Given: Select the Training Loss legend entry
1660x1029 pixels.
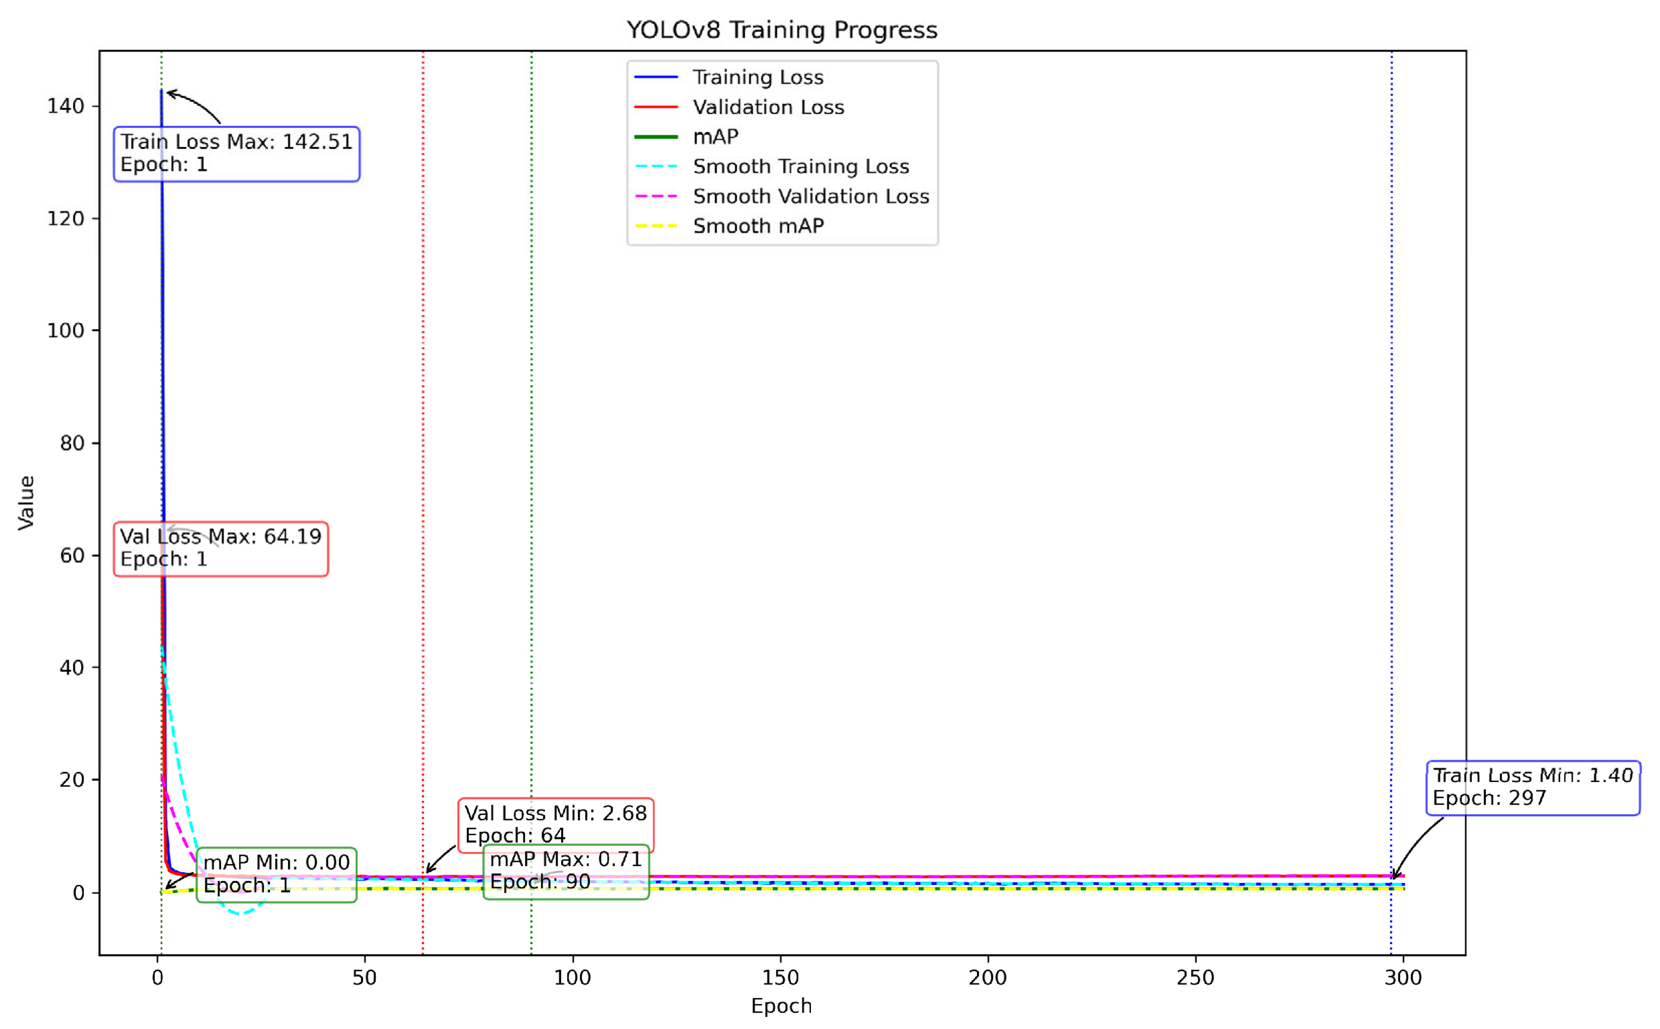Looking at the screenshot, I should tap(757, 77).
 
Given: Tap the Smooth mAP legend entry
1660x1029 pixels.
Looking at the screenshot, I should tap(757, 225).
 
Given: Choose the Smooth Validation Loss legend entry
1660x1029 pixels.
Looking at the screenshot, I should tap(810, 196).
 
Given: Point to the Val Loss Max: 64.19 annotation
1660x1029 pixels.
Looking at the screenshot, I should tap(221, 548).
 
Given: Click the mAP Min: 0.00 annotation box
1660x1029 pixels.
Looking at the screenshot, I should tap(276, 874).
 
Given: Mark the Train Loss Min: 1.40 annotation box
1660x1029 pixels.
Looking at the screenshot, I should tap(1532, 787).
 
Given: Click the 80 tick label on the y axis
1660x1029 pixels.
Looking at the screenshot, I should tap(71, 443).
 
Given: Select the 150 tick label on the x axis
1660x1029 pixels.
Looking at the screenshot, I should tap(780, 977).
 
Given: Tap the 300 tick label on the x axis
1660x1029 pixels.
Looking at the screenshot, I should tap(1402, 977).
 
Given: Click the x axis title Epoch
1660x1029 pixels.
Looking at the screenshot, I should tap(781, 1006).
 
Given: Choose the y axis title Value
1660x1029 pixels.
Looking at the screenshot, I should tap(26, 502).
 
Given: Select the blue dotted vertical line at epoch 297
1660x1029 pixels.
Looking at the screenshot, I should tap(1391, 477).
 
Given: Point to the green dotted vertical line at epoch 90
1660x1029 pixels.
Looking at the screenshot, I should tap(531, 477).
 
